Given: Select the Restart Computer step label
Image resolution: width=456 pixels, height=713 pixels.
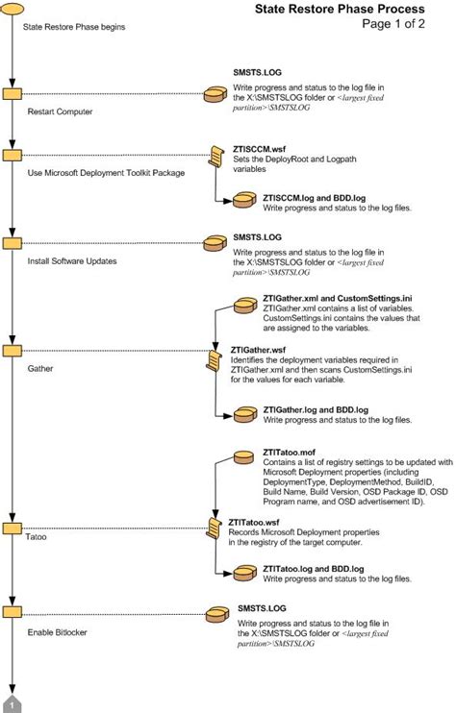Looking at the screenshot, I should point(60,111).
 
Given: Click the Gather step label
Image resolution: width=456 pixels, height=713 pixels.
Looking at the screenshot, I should point(41,368).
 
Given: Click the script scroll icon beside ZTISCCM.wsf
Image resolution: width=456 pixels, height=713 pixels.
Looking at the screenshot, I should point(217,156).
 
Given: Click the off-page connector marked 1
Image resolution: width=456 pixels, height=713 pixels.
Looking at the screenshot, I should point(13,704).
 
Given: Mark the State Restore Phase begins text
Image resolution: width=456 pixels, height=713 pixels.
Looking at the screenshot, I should point(73,27).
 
